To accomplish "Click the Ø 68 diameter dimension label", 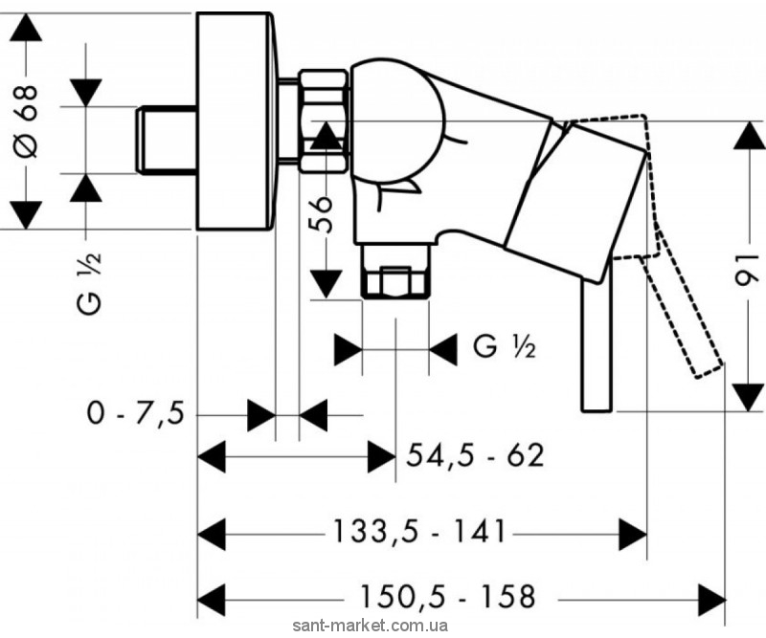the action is tap(26, 121).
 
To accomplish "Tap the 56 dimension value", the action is tap(321, 214).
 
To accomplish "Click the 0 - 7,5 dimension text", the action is tap(135, 414).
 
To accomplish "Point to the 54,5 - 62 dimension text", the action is tap(475, 456).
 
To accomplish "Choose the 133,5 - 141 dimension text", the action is tap(418, 531).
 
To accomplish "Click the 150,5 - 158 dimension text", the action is tap(447, 596).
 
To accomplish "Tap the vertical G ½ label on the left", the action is tap(89, 283).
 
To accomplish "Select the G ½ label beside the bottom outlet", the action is tap(504, 347).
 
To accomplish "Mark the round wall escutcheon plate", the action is tap(236, 121).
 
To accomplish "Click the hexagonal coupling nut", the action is tap(324, 121).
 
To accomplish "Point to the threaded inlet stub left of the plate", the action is tap(166, 140).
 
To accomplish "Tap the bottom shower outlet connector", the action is tap(394, 271).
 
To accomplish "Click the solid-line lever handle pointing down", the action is tap(596, 345).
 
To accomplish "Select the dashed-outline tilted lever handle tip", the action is tap(709, 368).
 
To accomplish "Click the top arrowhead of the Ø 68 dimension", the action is tap(26, 28).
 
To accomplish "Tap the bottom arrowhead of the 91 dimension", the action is tap(749, 397).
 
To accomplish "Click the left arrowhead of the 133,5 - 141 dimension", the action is tap(212, 534).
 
